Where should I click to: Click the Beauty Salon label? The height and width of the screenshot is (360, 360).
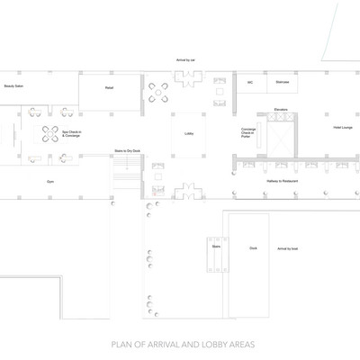click(x=13, y=85)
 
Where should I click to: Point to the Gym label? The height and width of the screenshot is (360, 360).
click(x=50, y=181)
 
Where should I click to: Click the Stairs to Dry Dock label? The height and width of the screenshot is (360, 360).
click(x=126, y=151)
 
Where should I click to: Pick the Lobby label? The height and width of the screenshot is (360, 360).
click(x=189, y=133)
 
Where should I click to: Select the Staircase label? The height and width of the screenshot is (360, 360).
click(x=282, y=82)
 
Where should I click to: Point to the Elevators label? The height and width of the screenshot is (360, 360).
click(x=280, y=109)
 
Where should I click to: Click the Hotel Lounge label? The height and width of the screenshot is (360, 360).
click(x=342, y=128)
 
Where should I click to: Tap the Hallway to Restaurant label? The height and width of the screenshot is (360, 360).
click(x=283, y=182)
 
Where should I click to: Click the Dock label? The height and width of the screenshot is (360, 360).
click(x=253, y=247)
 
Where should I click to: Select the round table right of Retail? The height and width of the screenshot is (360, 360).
click(x=159, y=89)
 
